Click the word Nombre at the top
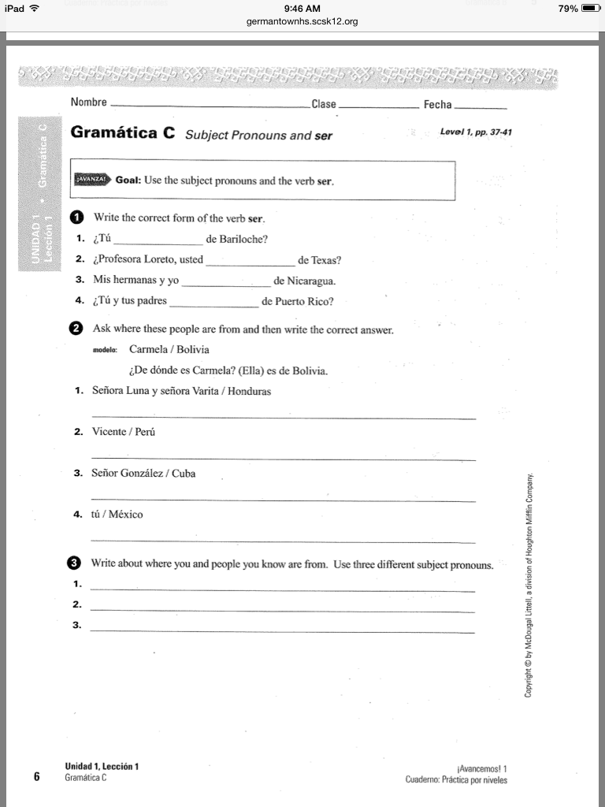point(88,102)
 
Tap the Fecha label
point(437,105)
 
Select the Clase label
point(324,105)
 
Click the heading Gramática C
point(123,132)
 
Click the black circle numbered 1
point(76,218)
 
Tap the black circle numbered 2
point(76,328)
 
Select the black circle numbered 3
point(73,563)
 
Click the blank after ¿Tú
point(158,240)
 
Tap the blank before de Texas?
point(250,261)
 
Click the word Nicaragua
point(310,281)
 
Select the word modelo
point(105,349)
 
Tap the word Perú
point(146,432)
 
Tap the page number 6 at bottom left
point(37,776)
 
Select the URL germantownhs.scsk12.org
point(302,21)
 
